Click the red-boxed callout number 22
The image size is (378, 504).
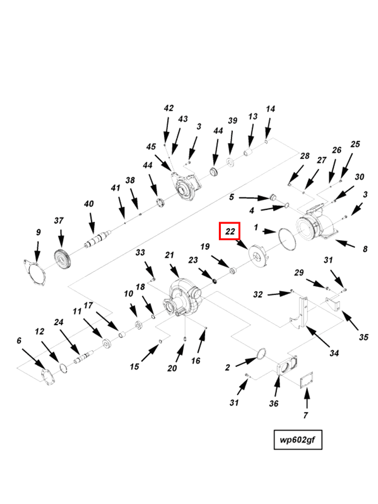point(230,231)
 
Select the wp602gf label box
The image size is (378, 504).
point(298,439)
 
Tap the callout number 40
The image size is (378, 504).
point(89,204)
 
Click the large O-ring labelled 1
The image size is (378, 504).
point(287,239)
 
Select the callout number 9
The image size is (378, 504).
point(38,232)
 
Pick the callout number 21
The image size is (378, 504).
point(170,255)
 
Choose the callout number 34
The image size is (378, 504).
point(334,353)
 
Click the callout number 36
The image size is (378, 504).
point(274,404)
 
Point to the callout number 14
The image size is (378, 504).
point(270,109)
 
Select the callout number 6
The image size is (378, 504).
point(19,340)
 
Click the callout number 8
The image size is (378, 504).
point(365,249)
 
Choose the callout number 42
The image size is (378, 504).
point(169,108)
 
